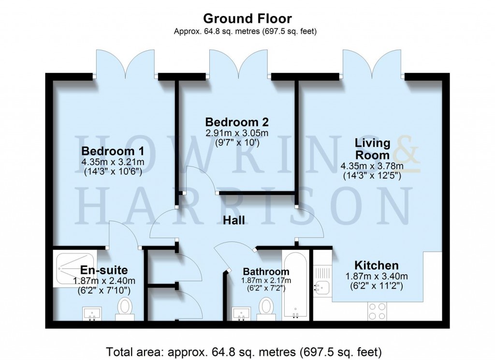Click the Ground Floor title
point(247,19)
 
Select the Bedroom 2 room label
point(236,121)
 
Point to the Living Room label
point(372,149)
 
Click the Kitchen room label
point(377,265)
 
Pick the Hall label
point(233,220)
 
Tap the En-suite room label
point(104,270)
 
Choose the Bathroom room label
point(266,271)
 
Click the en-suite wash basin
point(91,314)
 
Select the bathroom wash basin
point(240,314)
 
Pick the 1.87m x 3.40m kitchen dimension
point(377,276)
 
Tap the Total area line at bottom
point(247,349)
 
